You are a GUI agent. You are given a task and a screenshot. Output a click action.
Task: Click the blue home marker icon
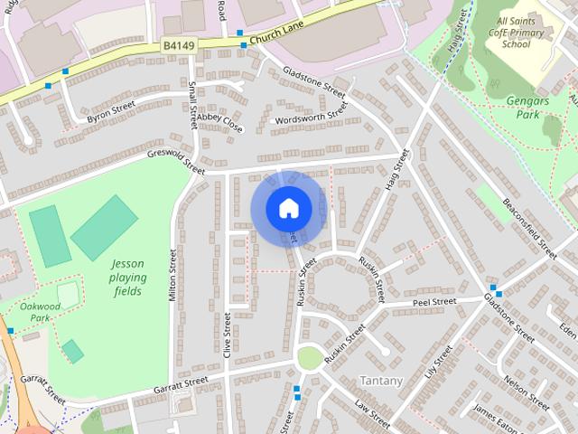pos(287,209)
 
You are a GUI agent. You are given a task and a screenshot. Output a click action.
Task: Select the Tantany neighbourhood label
pos(381,381)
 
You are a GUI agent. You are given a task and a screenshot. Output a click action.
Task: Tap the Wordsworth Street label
pos(312,116)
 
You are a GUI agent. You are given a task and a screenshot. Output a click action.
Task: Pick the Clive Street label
pos(228,335)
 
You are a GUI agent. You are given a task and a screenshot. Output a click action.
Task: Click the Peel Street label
pos(434,301)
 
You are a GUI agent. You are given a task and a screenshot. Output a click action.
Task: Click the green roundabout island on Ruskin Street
pos(309,358)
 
